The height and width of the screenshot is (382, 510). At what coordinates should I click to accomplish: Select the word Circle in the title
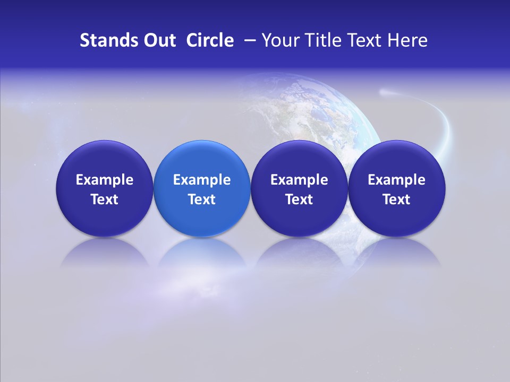click(210, 40)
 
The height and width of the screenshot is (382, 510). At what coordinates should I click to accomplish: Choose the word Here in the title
click(407, 40)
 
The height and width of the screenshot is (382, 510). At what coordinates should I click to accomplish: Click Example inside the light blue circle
click(202, 180)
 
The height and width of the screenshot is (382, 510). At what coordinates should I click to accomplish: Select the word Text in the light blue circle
click(202, 199)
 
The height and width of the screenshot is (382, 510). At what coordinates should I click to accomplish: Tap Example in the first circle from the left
click(105, 180)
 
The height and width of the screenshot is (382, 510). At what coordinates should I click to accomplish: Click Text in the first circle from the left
click(105, 199)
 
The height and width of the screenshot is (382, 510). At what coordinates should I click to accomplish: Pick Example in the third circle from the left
click(299, 180)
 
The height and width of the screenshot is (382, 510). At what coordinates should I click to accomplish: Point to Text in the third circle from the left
click(299, 199)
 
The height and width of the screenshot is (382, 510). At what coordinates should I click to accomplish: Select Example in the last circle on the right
click(396, 180)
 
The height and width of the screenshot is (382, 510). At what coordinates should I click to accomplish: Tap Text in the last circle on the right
click(396, 199)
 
